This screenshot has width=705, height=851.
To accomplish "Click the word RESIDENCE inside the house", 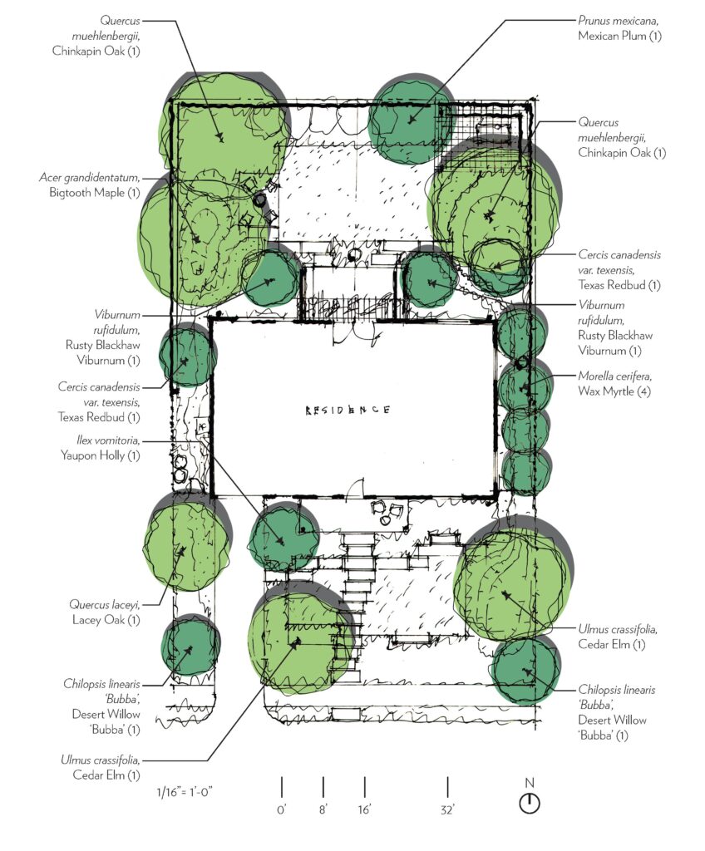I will click(x=348, y=411).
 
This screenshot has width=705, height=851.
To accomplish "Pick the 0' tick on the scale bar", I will click(x=282, y=786).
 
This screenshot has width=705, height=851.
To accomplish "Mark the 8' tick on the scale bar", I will click(x=323, y=786).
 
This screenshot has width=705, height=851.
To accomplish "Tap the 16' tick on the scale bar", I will click(x=365, y=786).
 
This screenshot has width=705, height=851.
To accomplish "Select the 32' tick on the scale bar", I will click(x=448, y=786).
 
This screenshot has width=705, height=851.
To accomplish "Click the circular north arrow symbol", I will click(x=530, y=804).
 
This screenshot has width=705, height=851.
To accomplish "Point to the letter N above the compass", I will click(x=530, y=782).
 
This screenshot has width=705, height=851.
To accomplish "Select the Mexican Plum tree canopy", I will click(x=412, y=121).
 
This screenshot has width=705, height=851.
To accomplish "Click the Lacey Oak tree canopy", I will click(x=185, y=544).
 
